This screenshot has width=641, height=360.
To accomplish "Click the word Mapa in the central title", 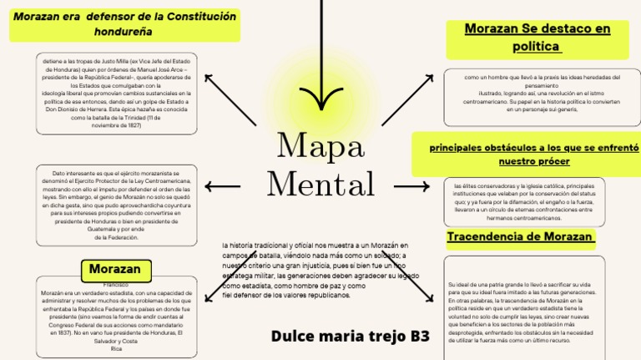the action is (320, 147).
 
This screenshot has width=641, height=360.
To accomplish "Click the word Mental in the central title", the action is (320, 183).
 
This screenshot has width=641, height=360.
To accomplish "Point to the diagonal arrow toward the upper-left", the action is (230, 100).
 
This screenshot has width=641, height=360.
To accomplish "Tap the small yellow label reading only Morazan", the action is (115, 270).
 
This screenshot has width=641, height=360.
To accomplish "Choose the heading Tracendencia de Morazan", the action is (521, 236).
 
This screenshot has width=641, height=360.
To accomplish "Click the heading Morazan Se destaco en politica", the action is (537, 38).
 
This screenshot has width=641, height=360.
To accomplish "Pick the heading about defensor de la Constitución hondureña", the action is (124, 23).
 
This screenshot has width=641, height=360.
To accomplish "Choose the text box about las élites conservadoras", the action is (524, 201).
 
